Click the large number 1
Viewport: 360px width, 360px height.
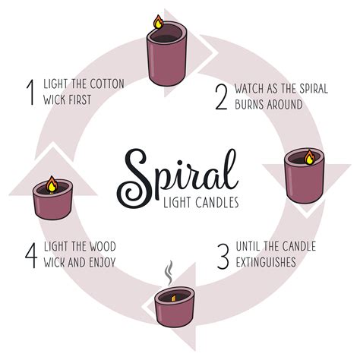point(31,90)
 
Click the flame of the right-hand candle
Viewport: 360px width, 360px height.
point(308,157)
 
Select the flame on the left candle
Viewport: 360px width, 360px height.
point(51,183)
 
